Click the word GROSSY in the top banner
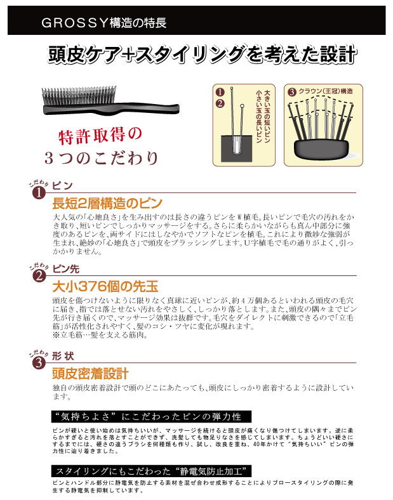point(75,23)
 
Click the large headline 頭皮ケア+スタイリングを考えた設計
point(202,54)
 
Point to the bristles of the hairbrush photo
point(79,95)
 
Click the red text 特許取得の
point(100,136)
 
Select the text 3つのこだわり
point(102,158)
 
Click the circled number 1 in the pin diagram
point(220,92)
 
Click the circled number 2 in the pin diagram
point(220,103)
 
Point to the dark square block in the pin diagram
point(236,148)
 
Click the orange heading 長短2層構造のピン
point(107,203)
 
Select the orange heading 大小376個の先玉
point(105,286)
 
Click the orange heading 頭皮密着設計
point(91,373)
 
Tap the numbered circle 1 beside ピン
point(39,193)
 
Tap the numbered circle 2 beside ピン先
point(39,276)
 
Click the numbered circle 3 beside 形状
point(39,363)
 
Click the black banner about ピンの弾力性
point(151,417)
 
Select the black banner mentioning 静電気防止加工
point(151,471)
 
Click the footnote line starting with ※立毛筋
point(100,335)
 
